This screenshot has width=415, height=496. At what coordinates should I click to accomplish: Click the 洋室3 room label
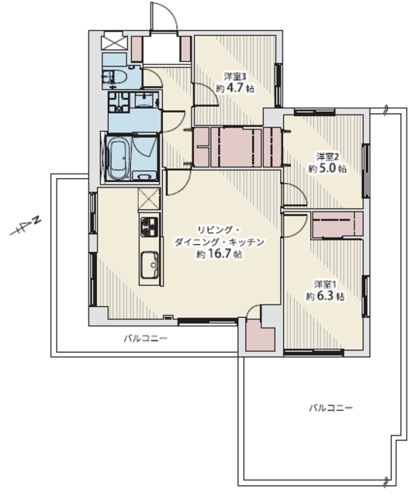click(235, 76)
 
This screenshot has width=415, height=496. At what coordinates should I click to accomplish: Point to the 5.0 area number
click(327, 168)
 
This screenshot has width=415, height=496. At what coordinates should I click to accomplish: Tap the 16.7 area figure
click(219, 253)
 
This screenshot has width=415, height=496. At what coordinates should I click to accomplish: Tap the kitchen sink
click(150, 265)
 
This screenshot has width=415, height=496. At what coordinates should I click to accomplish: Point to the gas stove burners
click(149, 226)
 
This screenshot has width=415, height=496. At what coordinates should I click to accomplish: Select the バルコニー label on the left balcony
click(145, 339)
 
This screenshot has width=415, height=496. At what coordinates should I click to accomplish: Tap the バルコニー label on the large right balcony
click(330, 408)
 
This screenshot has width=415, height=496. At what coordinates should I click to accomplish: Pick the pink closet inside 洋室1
click(337, 224)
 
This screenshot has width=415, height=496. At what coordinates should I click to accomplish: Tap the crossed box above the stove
click(149, 198)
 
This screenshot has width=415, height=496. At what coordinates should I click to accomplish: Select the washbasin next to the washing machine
click(146, 100)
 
